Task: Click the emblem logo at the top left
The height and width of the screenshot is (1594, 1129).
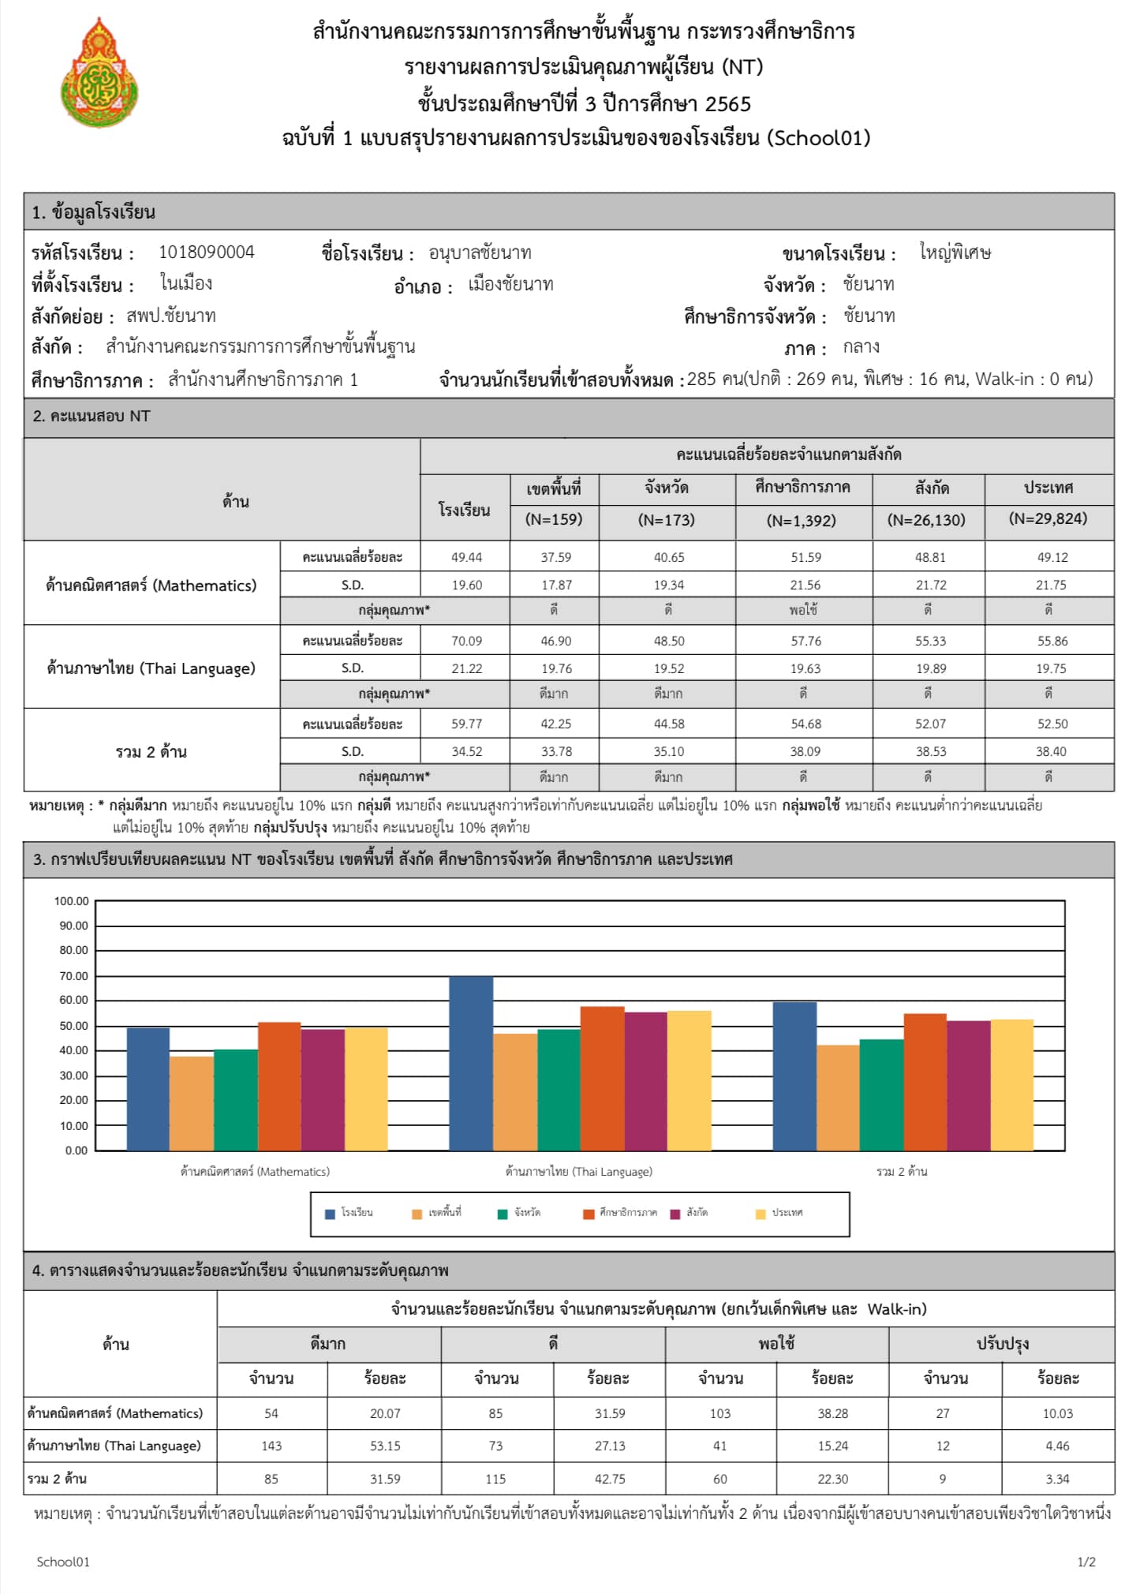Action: coord(99,73)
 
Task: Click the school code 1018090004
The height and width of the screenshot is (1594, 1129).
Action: coord(207,253)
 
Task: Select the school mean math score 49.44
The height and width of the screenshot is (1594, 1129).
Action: coord(466,557)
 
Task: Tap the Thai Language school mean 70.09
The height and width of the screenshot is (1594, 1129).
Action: coord(466,641)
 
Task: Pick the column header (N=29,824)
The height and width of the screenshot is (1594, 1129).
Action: coord(1048,518)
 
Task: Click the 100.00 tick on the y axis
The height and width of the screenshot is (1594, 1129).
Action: coord(71,901)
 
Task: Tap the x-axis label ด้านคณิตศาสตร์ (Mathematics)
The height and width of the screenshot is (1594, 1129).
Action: coord(255,1172)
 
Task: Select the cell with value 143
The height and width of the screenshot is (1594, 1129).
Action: coord(271,1446)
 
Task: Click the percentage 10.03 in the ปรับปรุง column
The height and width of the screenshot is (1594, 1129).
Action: coord(1057,1413)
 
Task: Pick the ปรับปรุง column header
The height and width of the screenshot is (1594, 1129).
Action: coord(1002,1344)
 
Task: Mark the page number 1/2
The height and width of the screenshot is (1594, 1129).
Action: coord(1086,1562)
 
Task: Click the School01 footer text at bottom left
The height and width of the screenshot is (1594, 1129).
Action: coord(63,1562)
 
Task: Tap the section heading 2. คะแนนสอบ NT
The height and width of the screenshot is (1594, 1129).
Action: coord(92,417)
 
